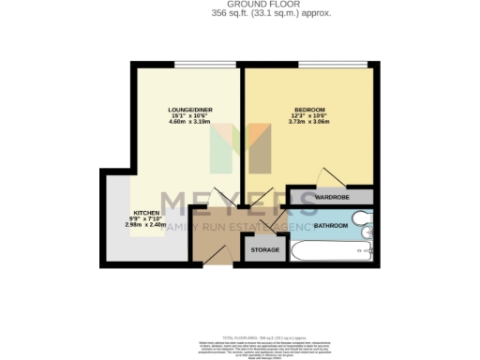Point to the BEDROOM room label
309,109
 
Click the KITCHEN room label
145,213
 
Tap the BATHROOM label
331,226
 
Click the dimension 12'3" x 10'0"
309,115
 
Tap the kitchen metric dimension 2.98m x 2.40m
145,226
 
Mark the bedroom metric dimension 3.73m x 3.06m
309,122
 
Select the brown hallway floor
216,239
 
